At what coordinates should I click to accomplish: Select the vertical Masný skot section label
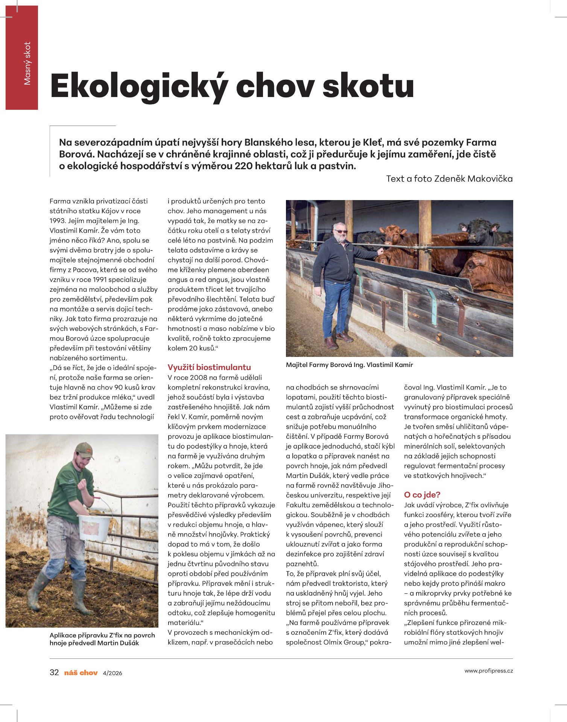click(27, 63)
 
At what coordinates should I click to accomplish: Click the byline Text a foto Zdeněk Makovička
click(449, 179)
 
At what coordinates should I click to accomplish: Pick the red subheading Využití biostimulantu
click(209, 367)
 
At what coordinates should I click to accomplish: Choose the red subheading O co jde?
click(422, 494)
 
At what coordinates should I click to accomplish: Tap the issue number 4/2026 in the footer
click(112, 673)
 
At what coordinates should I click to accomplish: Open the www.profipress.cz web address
click(488, 671)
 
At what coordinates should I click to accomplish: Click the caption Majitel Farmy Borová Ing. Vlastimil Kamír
click(349, 365)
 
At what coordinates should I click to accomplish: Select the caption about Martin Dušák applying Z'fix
click(102, 639)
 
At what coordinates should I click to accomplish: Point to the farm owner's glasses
click(340, 231)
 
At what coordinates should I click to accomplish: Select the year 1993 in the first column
click(57, 221)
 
